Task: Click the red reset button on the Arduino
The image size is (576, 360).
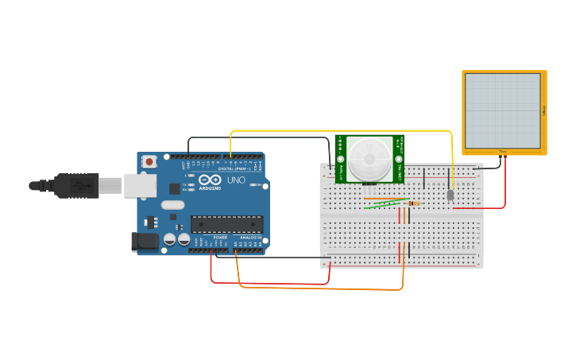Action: (149, 161)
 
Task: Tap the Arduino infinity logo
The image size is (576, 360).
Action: (210, 180)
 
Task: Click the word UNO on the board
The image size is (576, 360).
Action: (236, 180)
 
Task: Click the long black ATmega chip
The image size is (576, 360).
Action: (226, 225)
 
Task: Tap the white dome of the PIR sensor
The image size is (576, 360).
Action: (369, 158)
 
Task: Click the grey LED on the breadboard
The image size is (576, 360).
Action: (450, 195)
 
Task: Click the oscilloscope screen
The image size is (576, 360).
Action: (502, 110)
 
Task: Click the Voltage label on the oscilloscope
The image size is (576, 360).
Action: (544, 110)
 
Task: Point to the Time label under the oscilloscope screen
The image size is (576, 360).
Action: (502, 151)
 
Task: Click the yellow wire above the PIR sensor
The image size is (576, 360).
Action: (342, 130)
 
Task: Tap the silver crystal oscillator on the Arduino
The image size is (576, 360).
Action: (172, 204)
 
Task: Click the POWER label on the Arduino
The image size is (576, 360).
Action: (220, 237)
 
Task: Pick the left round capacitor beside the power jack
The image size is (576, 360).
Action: (169, 238)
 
